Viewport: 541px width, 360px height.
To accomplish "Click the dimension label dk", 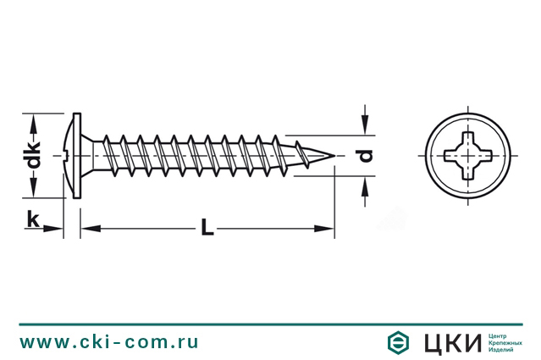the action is pyautogui.click(x=34, y=155).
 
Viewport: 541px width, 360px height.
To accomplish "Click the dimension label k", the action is pyautogui.click(x=33, y=219).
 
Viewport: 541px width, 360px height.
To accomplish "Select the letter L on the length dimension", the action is pyautogui.click(x=207, y=226).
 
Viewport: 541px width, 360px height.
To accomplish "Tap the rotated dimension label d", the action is pyautogui.click(x=366, y=155).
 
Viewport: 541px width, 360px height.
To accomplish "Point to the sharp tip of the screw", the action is pyautogui.click(x=334, y=156).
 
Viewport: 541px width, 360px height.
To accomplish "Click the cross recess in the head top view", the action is pyautogui.click(x=468, y=156).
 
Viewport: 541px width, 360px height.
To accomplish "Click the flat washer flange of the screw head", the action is pyautogui.click(x=77, y=156).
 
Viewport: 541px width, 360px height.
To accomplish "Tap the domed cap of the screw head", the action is pyautogui.click(x=69, y=156).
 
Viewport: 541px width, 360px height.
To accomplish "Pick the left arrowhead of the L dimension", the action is pyautogui.click(x=91, y=228).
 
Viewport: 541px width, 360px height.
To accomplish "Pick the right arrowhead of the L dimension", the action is pyautogui.click(x=324, y=228).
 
